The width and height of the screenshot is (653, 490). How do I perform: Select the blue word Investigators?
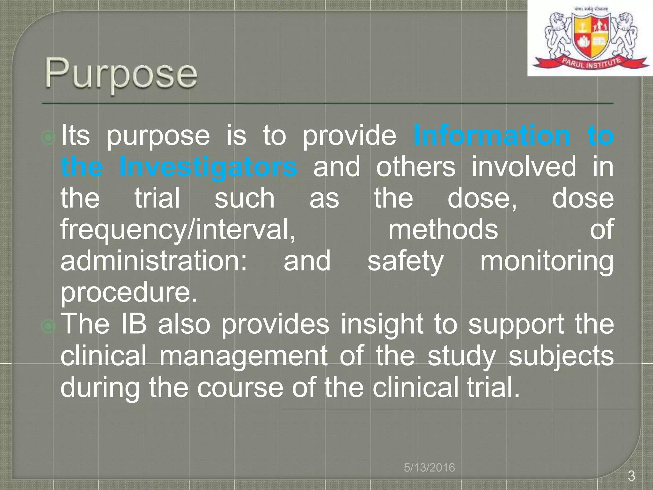click(208, 167)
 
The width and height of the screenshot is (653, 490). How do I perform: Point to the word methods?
click(443, 229)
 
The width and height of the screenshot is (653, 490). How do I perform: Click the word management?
click(243, 356)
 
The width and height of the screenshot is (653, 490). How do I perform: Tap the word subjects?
click(561, 356)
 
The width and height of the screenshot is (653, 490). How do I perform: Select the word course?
click(240, 387)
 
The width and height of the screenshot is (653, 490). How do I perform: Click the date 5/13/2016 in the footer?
click(429, 468)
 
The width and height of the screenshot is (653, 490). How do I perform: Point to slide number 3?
click(631, 476)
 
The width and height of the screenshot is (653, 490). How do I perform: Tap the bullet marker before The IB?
click(48, 326)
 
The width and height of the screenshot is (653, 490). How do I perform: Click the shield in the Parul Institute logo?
click(591, 38)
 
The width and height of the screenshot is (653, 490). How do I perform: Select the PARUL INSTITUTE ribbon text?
click(591, 63)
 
